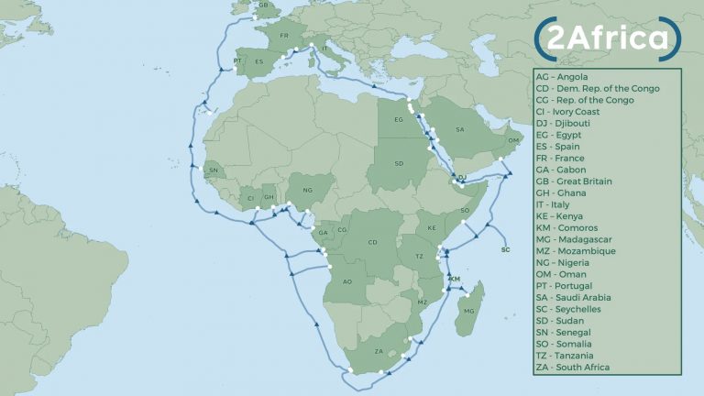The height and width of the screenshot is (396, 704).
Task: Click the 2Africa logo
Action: point(606,38)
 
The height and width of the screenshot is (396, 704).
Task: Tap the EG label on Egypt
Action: point(398,119)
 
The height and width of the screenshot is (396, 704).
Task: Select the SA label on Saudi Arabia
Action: point(459,130)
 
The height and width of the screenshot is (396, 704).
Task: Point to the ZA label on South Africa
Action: point(379,351)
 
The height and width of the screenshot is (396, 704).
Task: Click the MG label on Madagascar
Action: point(469,312)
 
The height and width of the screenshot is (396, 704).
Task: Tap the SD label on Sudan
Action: point(399,164)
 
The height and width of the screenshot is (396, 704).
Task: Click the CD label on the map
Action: point(372,242)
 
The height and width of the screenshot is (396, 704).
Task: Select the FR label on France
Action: point(284,37)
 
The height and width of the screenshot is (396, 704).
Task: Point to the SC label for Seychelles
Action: point(505,249)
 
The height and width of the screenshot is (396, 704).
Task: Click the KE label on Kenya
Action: point(432,226)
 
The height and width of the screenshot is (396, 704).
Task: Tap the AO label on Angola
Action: point(346,282)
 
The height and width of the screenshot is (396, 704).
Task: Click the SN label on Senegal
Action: point(214,170)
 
